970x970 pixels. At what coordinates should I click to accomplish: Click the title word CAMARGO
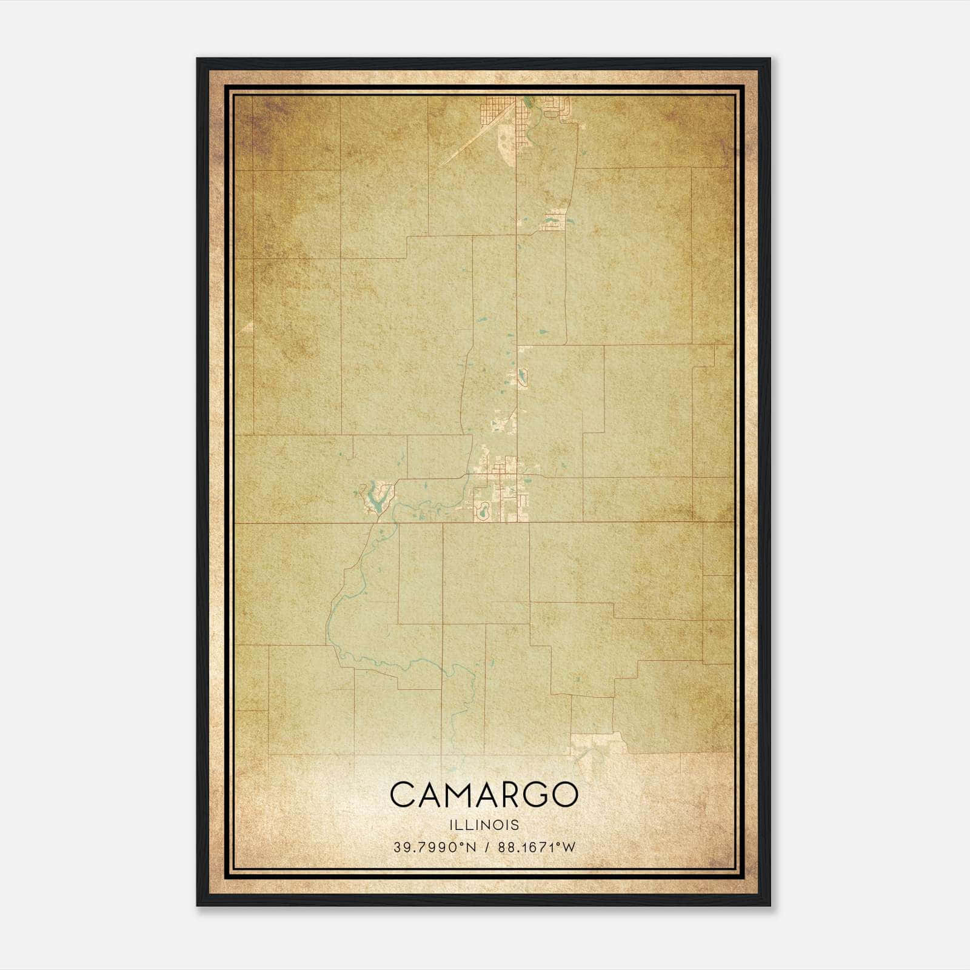coord(484,794)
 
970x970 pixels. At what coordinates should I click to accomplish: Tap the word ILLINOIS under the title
coord(484,824)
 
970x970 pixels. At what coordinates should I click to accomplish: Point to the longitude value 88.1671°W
coord(536,848)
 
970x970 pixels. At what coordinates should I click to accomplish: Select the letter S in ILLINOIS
coord(515,824)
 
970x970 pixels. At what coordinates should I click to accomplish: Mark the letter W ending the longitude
coord(568,848)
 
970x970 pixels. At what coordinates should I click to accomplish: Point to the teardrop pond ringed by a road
coord(521,379)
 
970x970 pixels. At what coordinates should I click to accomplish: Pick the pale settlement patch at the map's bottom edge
coord(597,746)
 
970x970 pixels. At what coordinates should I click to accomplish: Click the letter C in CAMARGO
coord(403,794)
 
